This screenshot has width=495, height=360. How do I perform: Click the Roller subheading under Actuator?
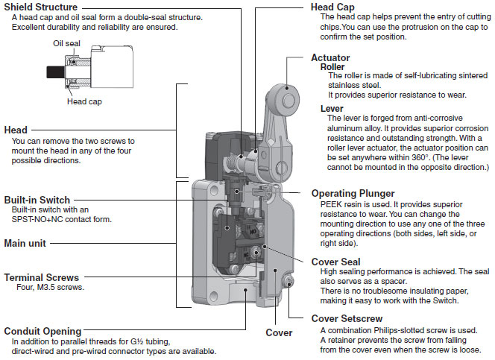(x=332, y=67)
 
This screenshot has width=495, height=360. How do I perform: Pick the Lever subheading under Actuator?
(x=332, y=108)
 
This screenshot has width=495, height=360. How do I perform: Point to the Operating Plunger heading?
(x=354, y=193)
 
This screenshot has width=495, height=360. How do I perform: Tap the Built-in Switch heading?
(x=37, y=200)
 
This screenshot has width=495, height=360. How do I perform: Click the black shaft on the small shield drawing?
(x=53, y=72)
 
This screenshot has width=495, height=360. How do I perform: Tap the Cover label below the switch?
(x=279, y=332)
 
